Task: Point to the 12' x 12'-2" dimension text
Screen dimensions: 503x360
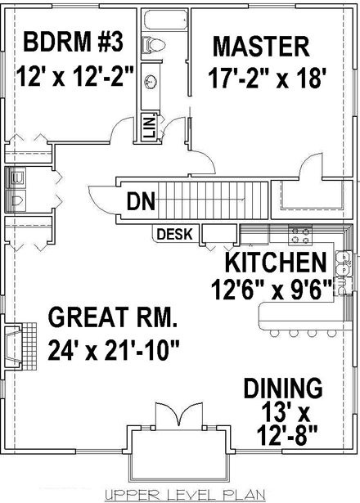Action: [74, 79]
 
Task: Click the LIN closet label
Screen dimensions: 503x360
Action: [150, 126]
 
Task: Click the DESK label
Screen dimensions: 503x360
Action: [173, 235]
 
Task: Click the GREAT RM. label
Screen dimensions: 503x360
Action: [112, 316]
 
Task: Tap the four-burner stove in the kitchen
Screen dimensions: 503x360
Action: [299, 236]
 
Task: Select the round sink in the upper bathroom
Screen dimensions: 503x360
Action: [151, 80]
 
